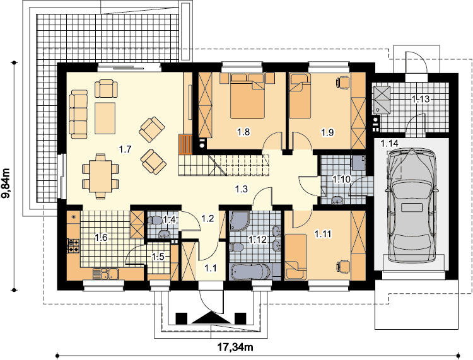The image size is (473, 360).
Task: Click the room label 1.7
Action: pyautogui.click(x=125, y=149)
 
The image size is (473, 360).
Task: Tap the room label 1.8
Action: pyautogui.click(x=243, y=132)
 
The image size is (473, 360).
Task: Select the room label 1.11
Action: pyautogui.click(x=323, y=233)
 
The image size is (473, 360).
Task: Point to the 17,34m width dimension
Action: pyautogui.click(x=236, y=347)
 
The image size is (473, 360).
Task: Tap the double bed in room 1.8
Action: pyautogui.click(x=247, y=96)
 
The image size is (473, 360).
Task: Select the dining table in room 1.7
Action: pyautogui.click(x=100, y=177)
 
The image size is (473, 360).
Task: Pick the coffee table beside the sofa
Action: pyautogui.click(x=105, y=118)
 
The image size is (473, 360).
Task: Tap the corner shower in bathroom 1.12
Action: pyautogui.click(x=240, y=221)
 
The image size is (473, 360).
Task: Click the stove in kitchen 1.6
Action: pyautogui.click(x=73, y=245)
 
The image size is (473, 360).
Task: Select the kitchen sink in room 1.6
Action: pyautogui.click(x=105, y=274)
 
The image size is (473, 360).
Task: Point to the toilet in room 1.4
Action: pyautogui.click(x=155, y=221)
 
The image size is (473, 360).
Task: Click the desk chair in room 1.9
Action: pyautogui.click(x=342, y=83)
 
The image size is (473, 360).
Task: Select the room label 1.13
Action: pyautogui.click(x=421, y=99)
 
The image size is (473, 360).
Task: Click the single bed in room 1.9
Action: pyautogui.click(x=300, y=96)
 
